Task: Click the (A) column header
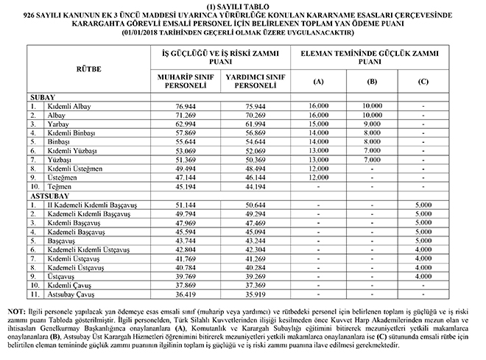(320, 80)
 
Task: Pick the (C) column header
(423, 80)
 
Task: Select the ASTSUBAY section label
(49, 197)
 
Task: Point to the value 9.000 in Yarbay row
(371, 125)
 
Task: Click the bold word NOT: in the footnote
(15, 311)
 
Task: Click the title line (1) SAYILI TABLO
(242, 6)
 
